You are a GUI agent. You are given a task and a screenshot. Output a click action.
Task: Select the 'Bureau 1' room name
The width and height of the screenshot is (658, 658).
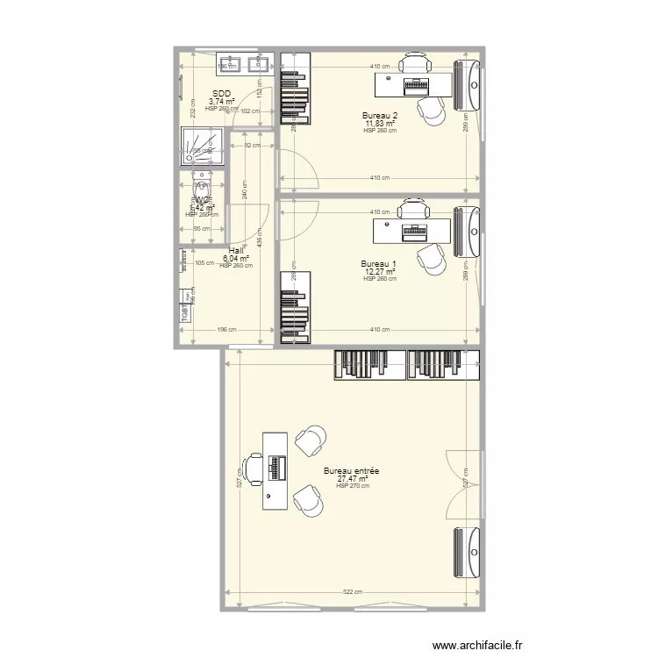[x=380, y=263]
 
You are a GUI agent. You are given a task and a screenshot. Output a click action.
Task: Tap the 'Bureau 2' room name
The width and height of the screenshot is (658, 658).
[x=380, y=115]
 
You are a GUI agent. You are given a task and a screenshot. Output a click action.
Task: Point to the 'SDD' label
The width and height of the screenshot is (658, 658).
[x=221, y=93]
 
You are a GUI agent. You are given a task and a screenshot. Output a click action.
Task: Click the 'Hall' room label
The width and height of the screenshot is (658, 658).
[x=236, y=250]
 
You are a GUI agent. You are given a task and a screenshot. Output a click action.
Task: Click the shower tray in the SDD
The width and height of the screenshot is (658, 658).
[x=202, y=147]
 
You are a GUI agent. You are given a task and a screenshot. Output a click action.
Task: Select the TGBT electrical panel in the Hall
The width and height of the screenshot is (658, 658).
[x=185, y=311]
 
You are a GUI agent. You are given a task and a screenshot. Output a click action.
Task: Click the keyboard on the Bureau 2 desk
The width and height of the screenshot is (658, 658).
[x=415, y=86]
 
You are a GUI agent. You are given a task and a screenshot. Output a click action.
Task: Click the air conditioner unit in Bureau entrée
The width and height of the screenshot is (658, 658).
[x=467, y=549]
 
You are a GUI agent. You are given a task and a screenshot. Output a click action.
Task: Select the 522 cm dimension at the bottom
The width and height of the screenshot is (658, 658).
[x=353, y=592]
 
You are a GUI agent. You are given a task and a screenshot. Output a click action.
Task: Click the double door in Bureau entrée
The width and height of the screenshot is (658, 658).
[x=465, y=483]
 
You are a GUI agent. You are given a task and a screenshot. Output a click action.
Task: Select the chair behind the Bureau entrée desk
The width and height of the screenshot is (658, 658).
[x=253, y=469]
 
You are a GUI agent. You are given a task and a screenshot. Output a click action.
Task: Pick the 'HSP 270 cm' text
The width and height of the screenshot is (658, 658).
[x=352, y=486]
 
